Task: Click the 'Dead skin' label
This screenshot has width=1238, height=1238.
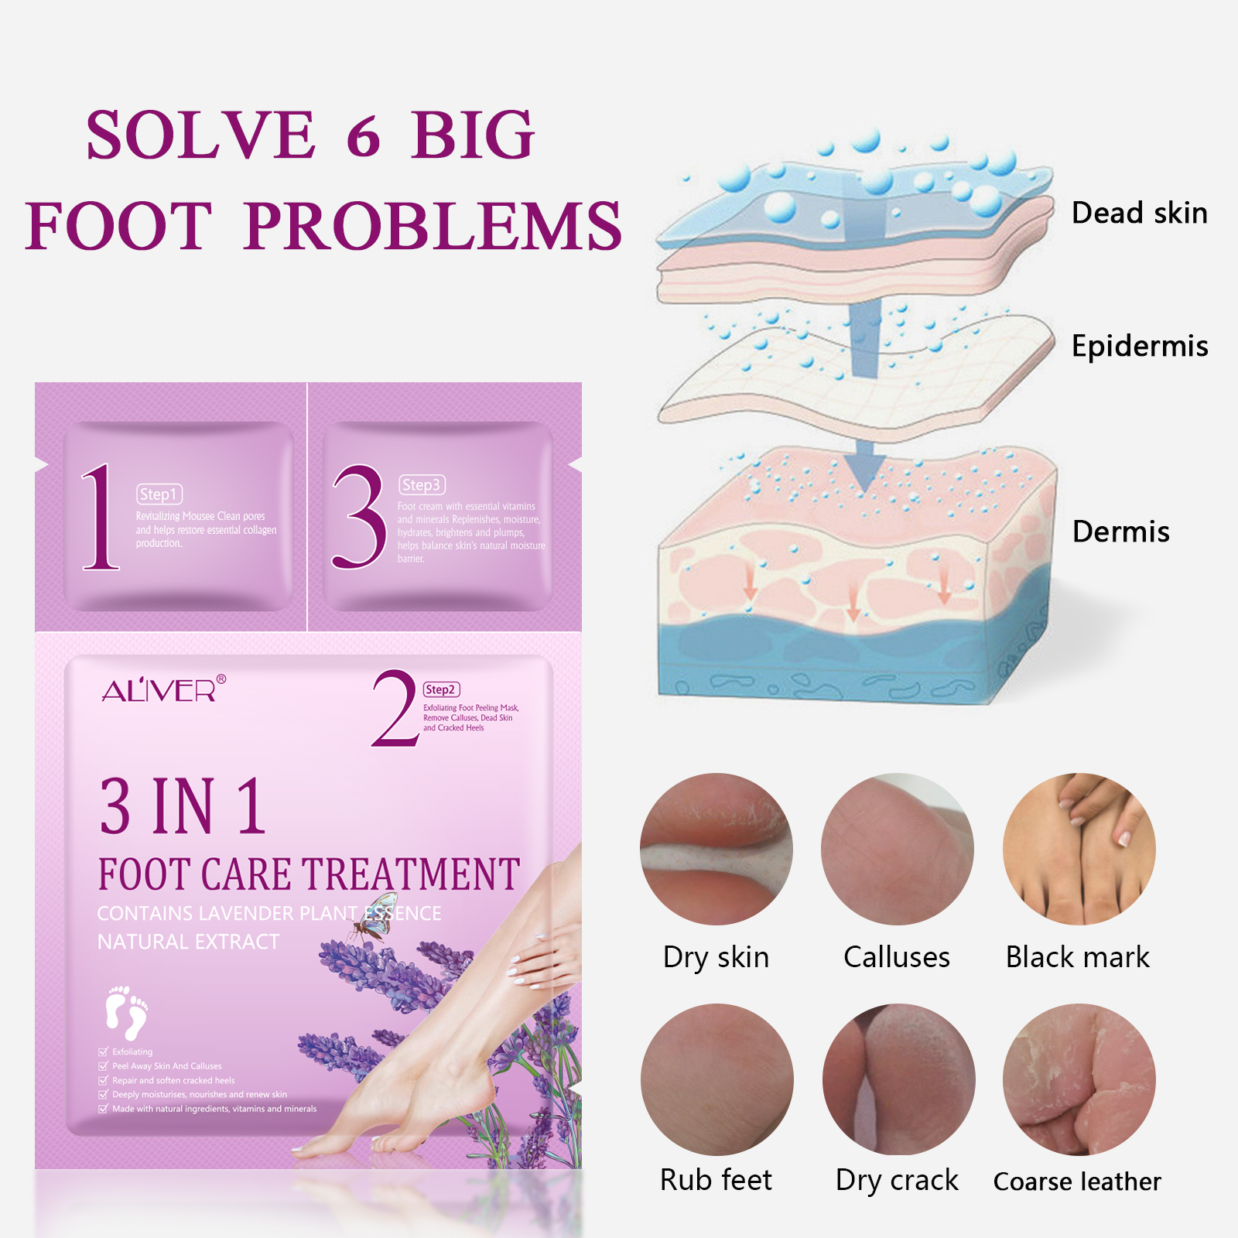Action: [1139, 213]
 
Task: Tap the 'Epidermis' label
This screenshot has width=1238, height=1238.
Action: [1139, 346]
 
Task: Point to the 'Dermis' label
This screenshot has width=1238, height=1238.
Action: [1120, 532]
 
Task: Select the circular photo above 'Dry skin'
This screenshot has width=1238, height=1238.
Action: [716, 849]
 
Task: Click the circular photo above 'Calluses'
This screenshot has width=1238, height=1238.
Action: [898, 849]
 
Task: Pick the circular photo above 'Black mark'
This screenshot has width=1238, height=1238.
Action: [1079, 849]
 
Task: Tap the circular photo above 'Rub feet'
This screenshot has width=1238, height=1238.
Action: [716, 1079]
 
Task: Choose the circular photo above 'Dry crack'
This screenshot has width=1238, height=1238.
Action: [898, 1079]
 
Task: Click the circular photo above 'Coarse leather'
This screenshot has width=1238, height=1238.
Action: [1079, 1079]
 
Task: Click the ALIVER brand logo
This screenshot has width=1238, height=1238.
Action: [163, 689]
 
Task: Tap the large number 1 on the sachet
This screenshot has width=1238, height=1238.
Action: [100, 518]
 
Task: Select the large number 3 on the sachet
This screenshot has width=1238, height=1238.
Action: [358, 518]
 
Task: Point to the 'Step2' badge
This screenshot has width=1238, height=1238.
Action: [441, 689]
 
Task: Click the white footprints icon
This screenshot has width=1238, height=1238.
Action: [126, 1012]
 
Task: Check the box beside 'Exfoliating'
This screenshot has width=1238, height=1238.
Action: [104, 1052]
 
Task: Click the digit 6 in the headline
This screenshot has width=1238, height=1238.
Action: [364, 136]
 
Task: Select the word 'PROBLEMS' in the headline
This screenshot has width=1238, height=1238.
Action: [433, 226]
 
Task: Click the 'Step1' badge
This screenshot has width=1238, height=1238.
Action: [159, 494]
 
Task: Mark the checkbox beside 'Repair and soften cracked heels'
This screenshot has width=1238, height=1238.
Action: [104, 1080]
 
